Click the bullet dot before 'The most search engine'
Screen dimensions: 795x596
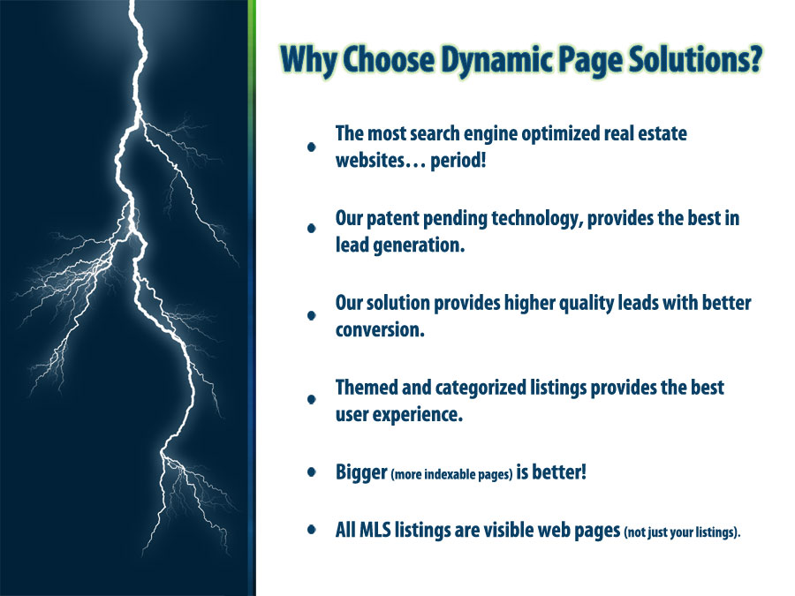tap(312, 147)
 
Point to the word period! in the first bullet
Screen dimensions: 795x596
tap(458, 161)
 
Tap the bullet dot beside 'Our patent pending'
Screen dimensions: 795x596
tap(312, 229)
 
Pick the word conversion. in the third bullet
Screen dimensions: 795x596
tap(380, 330)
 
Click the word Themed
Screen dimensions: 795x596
tap(367, 388)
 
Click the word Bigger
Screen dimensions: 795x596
tap(361, 472)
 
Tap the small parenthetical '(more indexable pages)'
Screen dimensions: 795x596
tap(451, 474)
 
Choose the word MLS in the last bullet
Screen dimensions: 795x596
tap(375, 530)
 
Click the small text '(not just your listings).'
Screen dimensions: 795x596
tap(682, 532)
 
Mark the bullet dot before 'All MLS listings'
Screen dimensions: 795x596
tap(312, 530)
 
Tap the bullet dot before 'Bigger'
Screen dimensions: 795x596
tap(312, 472)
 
